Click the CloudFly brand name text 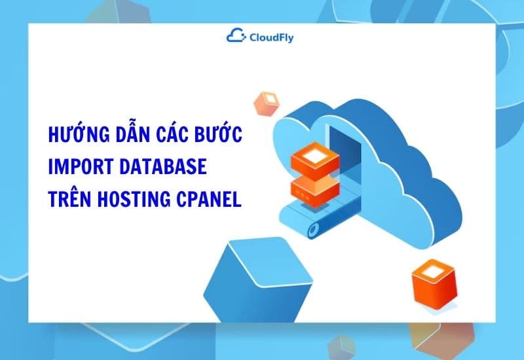(x=271, y=37)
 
